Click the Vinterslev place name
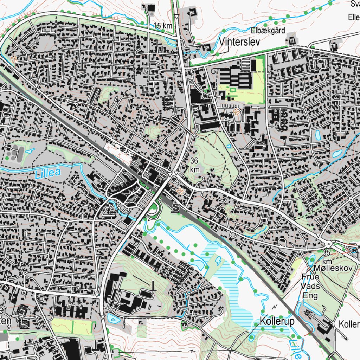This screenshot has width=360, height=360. [239, 42]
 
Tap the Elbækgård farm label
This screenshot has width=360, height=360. [268, 30]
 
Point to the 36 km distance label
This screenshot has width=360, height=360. [195, 165]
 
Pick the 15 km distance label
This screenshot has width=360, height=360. [163, 26]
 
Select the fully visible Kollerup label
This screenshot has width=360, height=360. [277, 321]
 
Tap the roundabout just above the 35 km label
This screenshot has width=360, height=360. [329, 244]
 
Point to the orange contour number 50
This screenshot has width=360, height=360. [236, 112]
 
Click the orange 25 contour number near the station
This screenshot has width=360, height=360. [180, 191]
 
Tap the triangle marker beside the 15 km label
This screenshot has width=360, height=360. [176, 17]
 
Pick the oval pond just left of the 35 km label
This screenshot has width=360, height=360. [311, 261]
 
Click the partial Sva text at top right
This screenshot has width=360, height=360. [355, 4]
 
